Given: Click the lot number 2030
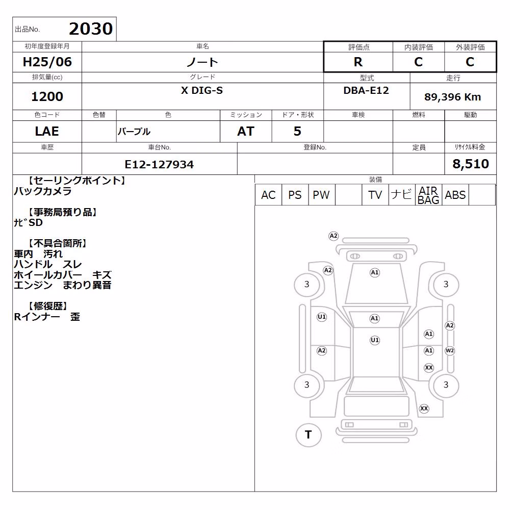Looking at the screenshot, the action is tap(91, 29).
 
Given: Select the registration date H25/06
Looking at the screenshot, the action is tap(47, 62).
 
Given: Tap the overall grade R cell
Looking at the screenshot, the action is tap(358, 62).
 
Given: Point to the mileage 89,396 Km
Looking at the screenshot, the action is tap(452, 96).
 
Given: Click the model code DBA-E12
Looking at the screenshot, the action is tap(366, 90).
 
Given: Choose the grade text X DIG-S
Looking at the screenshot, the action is tap(202, 90).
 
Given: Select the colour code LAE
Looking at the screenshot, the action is tap(47, 131).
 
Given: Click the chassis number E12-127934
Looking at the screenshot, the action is tap(159, 164).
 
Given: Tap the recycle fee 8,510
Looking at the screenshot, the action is tap(471, 164).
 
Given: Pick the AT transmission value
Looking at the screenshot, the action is tap(246, 131).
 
